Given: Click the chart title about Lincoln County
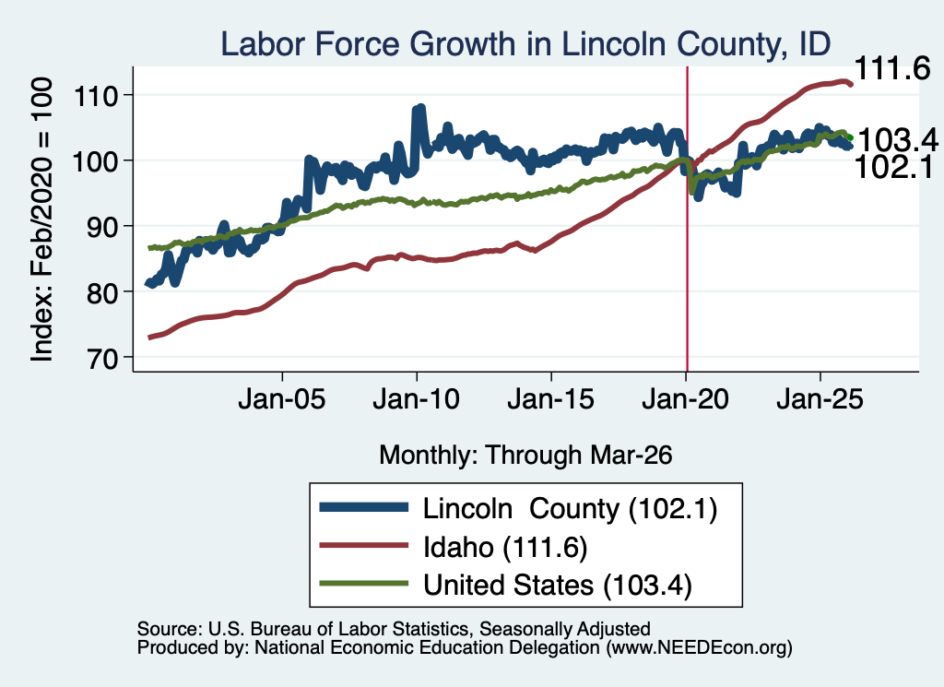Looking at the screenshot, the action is [525, 43].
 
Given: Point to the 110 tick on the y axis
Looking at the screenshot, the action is [95, 95].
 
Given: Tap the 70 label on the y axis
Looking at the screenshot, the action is [102, 358].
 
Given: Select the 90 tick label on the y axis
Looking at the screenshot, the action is [102, 227].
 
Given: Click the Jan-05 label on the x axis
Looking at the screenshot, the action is [282, 399].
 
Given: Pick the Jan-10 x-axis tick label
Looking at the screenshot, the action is [416, 399].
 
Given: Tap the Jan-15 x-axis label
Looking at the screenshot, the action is [551, 399].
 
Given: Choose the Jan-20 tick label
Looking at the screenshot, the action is [686, 399].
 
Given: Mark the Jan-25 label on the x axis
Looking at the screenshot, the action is [820, 399].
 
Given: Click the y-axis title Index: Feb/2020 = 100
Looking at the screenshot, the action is [41, 219].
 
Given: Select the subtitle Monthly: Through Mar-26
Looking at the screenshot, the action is [525, 456].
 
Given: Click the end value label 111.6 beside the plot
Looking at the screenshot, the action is [892, 68].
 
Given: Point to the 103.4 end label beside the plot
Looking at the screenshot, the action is [898, 140].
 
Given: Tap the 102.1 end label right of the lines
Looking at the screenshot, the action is [894, 166].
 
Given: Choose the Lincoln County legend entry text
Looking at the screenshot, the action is [570, 509].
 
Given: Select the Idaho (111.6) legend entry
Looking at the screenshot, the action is [505, 548].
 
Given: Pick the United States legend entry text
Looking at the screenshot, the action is [558, 586].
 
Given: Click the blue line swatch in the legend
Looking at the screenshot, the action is [363, 507].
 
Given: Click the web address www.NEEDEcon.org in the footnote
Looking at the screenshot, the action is [699, 648].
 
